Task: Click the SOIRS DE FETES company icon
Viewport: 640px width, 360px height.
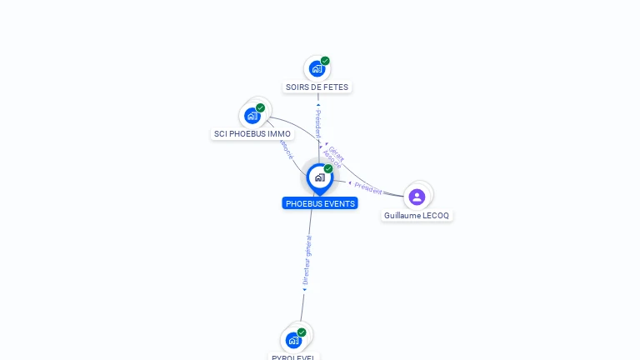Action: (317, 69)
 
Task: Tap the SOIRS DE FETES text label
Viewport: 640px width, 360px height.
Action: (317, 87)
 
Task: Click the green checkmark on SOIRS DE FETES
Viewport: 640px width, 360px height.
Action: (325, 61)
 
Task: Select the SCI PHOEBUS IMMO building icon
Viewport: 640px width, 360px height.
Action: (252, 116)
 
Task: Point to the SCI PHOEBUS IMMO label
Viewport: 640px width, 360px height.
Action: (252, 133)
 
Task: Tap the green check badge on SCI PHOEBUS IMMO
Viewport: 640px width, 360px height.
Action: (261, 107)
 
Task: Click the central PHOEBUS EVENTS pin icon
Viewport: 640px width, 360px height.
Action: (319, 177)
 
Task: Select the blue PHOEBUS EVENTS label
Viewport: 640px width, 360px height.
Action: (320, 203)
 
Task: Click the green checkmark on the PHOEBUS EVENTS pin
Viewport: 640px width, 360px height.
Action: (328, 168)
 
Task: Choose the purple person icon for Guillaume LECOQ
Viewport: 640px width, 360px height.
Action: (417, 197)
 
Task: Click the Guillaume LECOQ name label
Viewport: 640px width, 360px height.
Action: (416, 215)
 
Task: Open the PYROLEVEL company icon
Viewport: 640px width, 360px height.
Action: (293, 340)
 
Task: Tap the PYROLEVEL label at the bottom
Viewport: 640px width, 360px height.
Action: (294, 357)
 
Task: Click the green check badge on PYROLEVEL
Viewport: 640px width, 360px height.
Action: (302, 332)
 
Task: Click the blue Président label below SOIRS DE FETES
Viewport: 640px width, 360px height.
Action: (317, 123)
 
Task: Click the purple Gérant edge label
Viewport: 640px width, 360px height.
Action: (337, 151)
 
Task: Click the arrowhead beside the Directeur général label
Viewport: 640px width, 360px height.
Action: (304, 290)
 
